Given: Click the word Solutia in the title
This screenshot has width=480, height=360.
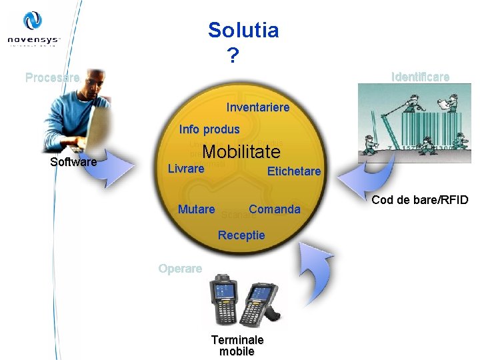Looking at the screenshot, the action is (x=243, y=30).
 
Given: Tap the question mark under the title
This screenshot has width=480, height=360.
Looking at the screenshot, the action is (x=231, y=56).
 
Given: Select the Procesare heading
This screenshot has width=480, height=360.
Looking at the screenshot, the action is (x=52, y=77).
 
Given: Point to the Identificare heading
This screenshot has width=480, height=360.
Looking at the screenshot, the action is (x=420, y=77).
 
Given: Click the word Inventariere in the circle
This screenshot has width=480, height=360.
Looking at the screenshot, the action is (x=258, y=107).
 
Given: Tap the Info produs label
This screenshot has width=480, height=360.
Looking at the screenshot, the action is (x=209, y=129).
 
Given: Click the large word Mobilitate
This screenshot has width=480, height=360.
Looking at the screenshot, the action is (x=241, y=152).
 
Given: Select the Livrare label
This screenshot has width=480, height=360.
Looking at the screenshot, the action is (x=185, y=169).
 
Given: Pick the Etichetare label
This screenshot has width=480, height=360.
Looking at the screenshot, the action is (x=293, y=171).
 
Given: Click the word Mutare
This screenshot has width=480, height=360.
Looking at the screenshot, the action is (x=196, y=209).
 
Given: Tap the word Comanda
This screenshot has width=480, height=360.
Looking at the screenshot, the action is (x=274, y=209).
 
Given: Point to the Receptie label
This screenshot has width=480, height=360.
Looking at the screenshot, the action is (x=241, y=235).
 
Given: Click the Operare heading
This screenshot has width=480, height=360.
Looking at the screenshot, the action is (x=180, y=269).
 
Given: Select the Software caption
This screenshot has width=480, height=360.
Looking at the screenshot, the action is (x=73, y=162).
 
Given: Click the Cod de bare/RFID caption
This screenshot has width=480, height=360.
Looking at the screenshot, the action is (x=420, y=200).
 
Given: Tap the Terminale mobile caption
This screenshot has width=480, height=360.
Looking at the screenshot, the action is (x=237, y=345).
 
